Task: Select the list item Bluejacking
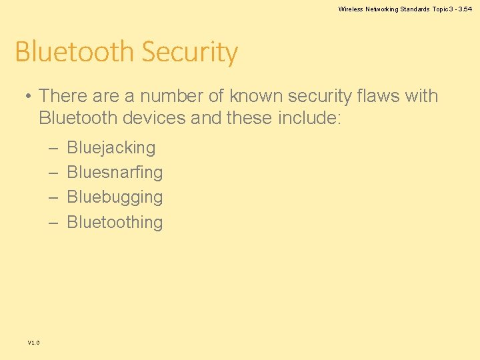point(111,147)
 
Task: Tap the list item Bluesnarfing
point(115,172)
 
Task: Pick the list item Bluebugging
point(115,197)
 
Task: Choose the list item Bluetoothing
point(115,222)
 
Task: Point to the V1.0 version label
point(33,342)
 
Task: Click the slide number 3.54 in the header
point(465,9)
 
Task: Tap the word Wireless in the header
point(350,9)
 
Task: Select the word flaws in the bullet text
point(379,96)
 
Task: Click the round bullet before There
point(29,96)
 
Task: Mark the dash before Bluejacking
point(53,147)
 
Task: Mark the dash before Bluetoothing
point(53,222)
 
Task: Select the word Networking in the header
point(381,9)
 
